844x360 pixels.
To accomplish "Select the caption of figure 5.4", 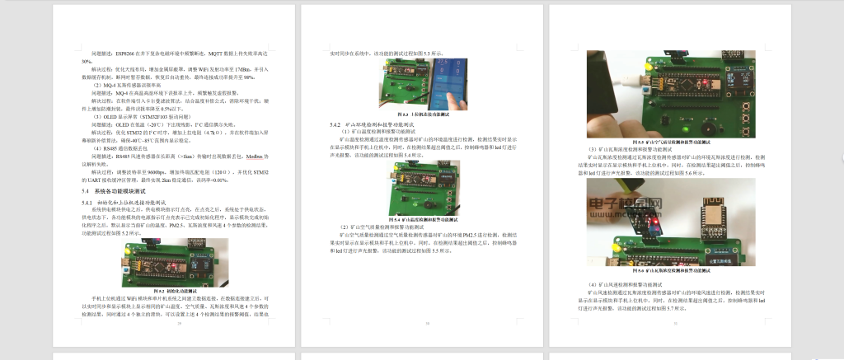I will click(x=423, y=220).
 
